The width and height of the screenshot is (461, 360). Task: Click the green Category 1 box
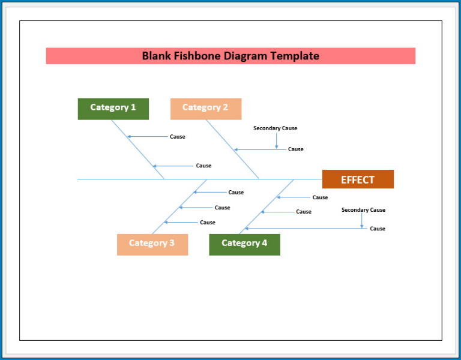(x=113, y=109)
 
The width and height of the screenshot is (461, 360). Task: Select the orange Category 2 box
(x=206, y=109)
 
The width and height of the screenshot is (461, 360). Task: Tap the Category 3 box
(x=152, y=244)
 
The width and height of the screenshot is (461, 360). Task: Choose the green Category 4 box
(x=244, y=244)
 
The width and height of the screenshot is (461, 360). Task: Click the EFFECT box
(x=358, y=179)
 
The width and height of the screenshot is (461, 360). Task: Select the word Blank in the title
(x=155, y=56)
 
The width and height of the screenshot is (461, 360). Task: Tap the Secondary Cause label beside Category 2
(x=275, y=128)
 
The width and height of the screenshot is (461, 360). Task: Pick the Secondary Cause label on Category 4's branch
(x=363, y=210)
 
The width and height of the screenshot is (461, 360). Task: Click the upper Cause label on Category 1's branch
(x=178, y=137)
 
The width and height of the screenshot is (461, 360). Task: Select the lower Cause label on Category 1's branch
(x=203, y=166)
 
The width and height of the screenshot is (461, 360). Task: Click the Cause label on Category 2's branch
(x=296, y=149)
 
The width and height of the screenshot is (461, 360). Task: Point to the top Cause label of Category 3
(x=236, y=193)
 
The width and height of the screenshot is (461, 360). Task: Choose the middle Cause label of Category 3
(x=222, y=208)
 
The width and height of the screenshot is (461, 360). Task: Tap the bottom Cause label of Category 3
(x=208, y=223)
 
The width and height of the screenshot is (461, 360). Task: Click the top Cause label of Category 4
(x=320, y=197)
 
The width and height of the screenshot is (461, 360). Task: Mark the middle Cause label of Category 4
(x=304, y=212)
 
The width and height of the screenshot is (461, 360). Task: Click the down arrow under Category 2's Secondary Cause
(x=277, y=140)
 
